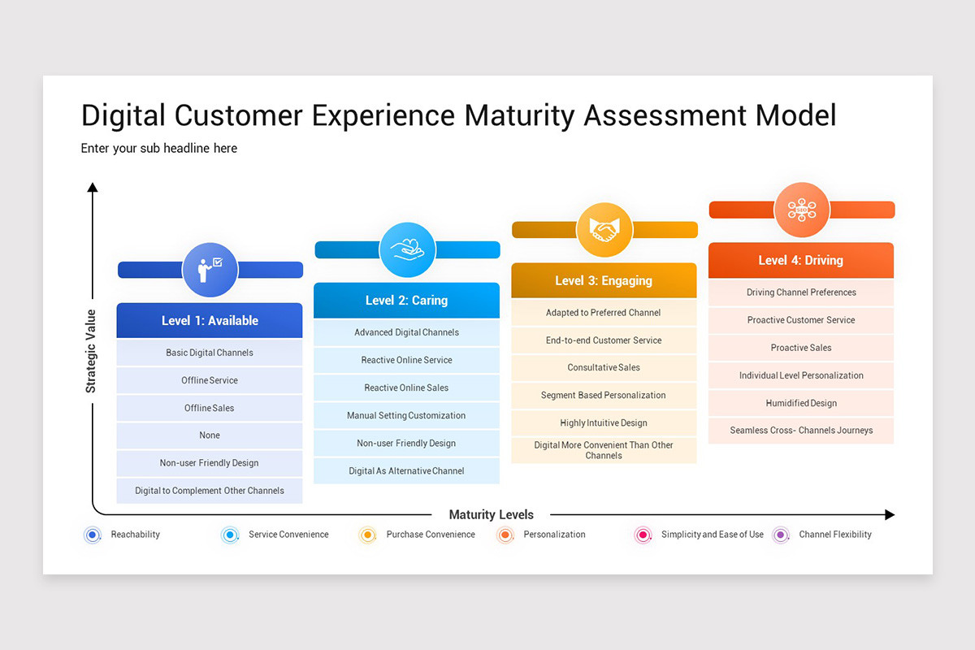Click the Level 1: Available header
click(x=210, y=320)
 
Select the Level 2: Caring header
click(x=406, y=301)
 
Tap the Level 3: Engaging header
click(x=604, y=280)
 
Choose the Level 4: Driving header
click(x=801, y=260)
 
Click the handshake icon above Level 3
click(x=604, y=229)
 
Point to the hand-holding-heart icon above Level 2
click(x=407, y=250)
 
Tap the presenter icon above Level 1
click(x=210, y=270)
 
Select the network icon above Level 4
click(x=802, y=210)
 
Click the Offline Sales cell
click(x=210, y=408)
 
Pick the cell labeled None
click(x=210, y=435)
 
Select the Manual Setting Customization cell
click(x=406, y=415)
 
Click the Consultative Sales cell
click(x=604, y=367)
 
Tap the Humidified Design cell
click(x=801, y=403)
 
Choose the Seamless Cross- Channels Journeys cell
click(x=801, y=431)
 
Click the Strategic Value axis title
click(x=90, y=351)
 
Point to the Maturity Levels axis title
click(x=491, y=514)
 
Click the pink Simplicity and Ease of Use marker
click(x=643, y=535)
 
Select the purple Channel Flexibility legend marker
click(x=781, y=535)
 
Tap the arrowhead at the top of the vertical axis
click(x=93, y=187)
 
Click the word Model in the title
click(x=796, y=116)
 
